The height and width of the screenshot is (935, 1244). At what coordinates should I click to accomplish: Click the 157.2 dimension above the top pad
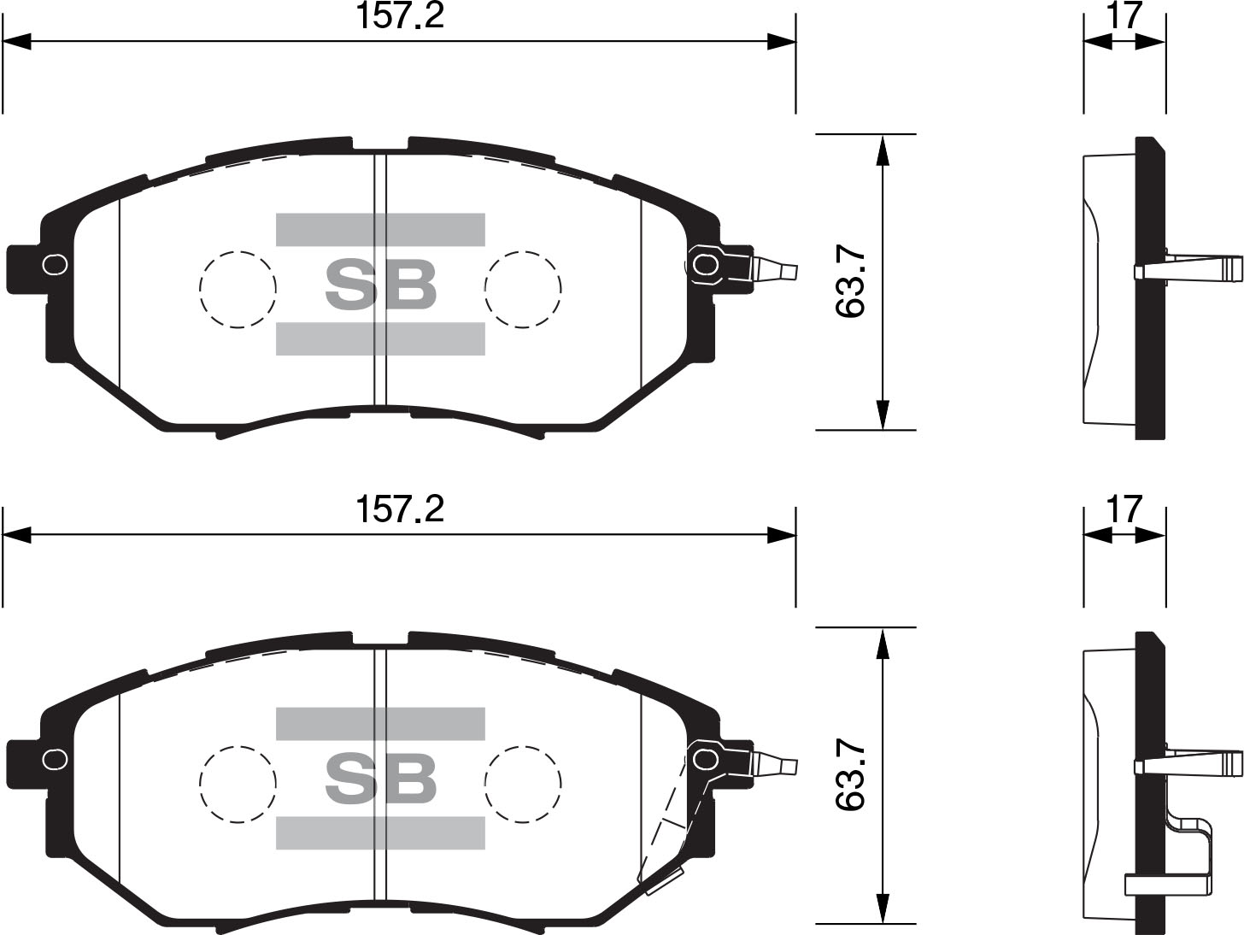coord(400,16)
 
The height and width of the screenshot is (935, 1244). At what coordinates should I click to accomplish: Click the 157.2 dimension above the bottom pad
coord(400,509)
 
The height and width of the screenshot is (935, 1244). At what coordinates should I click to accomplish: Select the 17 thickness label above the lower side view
coord(1124,509)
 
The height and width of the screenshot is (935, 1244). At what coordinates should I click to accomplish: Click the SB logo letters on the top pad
coord(381,285)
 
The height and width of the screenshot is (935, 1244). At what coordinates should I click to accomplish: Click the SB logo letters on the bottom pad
coord(381,778)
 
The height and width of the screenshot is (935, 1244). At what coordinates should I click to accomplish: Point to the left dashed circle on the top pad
coord(238,290)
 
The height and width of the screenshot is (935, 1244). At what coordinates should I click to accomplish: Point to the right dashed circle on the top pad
coord(523,290)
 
